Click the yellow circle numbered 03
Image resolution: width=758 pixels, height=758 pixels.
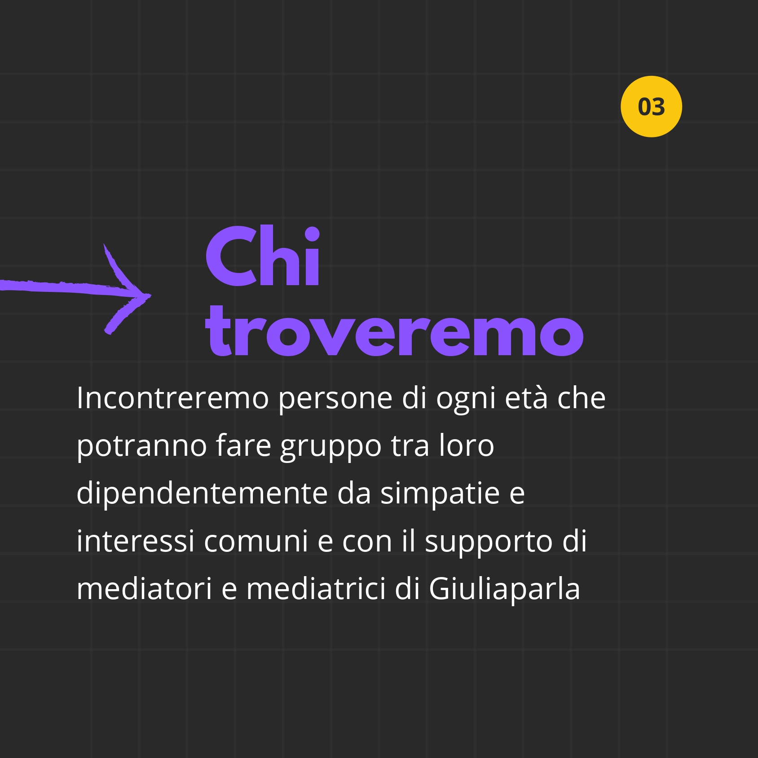(651, 106)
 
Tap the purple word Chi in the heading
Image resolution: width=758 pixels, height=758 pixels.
(263, 256)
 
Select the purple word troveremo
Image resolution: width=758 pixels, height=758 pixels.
(394, 331)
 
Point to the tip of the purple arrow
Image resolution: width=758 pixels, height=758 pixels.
(151, 295)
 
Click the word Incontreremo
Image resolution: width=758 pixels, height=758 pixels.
(173, 398)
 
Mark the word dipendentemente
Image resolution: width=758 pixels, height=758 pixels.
(202, 494)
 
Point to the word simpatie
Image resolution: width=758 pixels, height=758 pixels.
(440, 494)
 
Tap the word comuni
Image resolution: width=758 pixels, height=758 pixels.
(256, 541)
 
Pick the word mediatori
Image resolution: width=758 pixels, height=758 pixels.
(144, 588)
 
